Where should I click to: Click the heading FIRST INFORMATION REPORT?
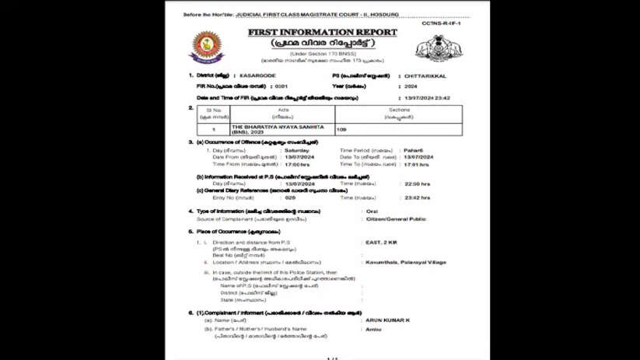322,33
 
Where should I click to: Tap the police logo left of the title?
207,47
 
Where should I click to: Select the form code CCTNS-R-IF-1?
442,24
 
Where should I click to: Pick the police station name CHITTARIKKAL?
424,75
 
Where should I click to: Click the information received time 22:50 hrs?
417,183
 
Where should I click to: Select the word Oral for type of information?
372,211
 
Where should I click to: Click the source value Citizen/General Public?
396,219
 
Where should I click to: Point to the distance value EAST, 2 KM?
381,243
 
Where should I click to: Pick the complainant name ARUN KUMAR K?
386,320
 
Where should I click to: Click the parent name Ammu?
373,329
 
